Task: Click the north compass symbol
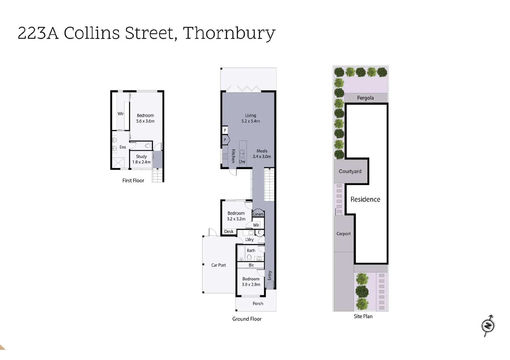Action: pos(488,325)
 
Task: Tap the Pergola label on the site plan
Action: pos(365,98)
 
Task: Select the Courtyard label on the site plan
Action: pos(350,171)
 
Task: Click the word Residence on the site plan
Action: pos(365,199)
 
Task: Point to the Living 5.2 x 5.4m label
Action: pos(250,118)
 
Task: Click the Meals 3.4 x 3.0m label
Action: pos(262,154)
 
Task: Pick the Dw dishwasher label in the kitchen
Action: pos(242,162)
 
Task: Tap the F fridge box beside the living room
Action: pos(225,130)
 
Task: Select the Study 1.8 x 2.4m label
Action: pos(141,159)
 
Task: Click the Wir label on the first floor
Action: pos(121,114)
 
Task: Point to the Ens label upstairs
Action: pos(123,147)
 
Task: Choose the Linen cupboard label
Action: pos(258,214)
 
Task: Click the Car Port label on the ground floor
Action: pos(218,265)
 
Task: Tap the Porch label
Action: pos(258,304)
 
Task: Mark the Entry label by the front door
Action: pos(270,275)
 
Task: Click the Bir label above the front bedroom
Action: pos(251,265)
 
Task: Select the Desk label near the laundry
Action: pos(229,232)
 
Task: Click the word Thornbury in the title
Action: pos(229,33)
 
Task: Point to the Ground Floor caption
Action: pos(247,319)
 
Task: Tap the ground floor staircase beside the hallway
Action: pos(270,184)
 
